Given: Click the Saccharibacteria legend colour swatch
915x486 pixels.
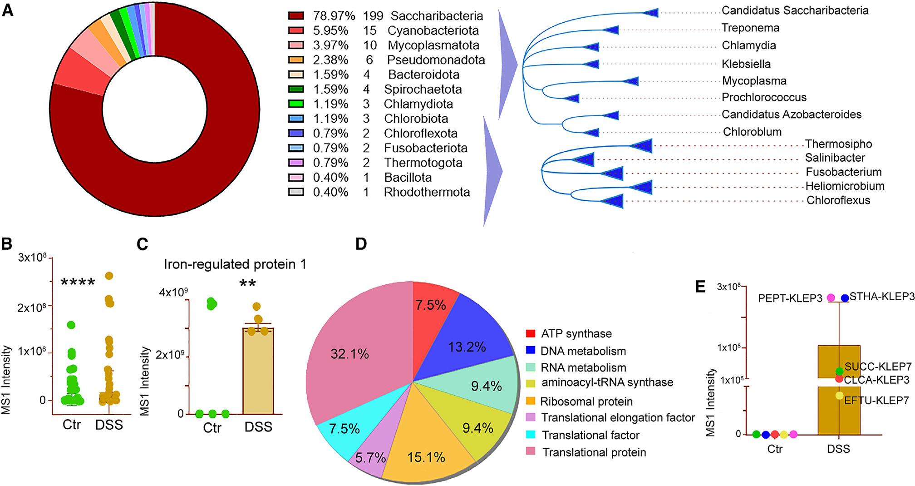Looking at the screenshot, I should (295, 16).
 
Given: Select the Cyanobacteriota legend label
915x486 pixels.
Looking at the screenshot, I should (433, 31).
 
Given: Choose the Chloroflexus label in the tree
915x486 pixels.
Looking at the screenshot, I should (838, 200).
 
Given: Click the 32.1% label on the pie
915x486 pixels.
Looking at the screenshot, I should (349, 353).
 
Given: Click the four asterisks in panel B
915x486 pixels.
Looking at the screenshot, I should (78, 283).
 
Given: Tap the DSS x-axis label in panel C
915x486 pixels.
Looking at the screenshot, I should (258, 427).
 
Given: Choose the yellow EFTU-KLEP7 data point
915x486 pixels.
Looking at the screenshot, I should (840, 396).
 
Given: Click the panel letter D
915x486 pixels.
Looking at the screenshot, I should (362, 244).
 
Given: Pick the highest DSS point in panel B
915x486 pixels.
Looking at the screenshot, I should (109, 276).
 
